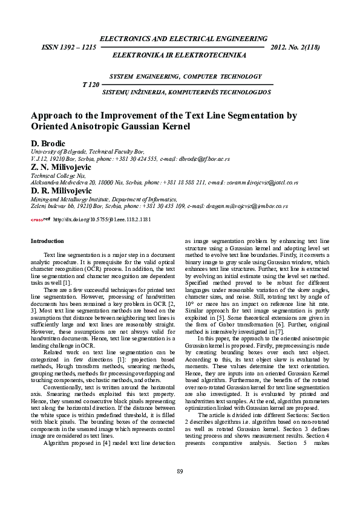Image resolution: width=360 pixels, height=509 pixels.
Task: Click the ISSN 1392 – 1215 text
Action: (x=67, y=46)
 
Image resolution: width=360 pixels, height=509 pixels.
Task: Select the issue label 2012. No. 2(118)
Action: (x=298, y=46)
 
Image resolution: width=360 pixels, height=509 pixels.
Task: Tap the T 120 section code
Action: (x=91, y=85)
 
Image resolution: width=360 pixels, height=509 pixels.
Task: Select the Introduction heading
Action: (x=47, y=242)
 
